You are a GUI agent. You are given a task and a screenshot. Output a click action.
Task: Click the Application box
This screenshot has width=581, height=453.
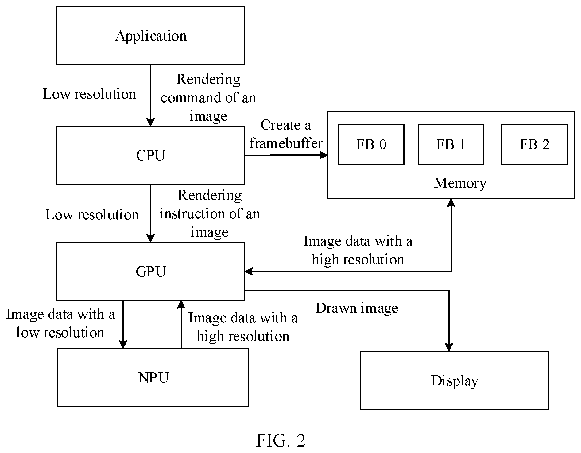click(x=150, y=36)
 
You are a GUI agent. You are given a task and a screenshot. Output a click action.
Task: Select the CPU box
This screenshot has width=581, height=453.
click(x=150, y=155)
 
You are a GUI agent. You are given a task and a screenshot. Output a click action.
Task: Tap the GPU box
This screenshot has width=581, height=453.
click(x=150, y=271)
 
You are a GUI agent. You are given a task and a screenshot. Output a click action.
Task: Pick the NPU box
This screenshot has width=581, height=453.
click(x=153, y=377)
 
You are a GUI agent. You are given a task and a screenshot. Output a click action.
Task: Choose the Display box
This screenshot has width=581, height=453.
click(x=455, y=381)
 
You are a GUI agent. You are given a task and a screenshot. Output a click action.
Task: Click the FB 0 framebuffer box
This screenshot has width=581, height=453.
click(x=371, y=144)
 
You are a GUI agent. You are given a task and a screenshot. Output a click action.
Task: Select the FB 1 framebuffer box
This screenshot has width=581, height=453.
click(x=451, y=144)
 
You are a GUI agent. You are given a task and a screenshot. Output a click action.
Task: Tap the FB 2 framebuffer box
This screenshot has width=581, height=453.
click(x=534, y=144)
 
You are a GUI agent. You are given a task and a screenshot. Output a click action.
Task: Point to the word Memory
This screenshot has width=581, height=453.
click(x=460, y=183)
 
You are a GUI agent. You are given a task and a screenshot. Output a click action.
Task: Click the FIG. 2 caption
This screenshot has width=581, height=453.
click(x=281, y=440)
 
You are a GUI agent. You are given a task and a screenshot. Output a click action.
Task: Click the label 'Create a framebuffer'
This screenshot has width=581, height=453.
click(x=286, y=134)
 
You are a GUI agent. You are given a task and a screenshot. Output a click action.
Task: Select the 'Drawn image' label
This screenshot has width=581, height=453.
click(x=357, y=308)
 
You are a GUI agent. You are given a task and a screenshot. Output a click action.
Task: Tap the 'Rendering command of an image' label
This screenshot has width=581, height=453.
click(x=208, y=98)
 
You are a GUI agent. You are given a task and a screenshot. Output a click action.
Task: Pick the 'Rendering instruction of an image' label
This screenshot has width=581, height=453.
click(x=210, y=214)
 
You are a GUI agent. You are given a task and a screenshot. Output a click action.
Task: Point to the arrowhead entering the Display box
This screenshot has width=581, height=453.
click(x=449, y=347)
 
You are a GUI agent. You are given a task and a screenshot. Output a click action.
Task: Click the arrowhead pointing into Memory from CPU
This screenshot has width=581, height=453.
click(x=323, y=155)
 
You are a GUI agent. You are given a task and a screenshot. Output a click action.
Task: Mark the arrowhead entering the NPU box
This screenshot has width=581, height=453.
click(x=123, y=344)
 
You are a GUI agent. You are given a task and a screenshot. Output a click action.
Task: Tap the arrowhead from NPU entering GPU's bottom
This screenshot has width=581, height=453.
click(x=181, y=304)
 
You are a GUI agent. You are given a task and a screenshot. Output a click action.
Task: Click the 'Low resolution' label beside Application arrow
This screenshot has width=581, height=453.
click(x=89, y=94)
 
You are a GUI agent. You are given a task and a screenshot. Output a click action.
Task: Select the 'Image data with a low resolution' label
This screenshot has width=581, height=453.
click(x=60, y=323)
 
